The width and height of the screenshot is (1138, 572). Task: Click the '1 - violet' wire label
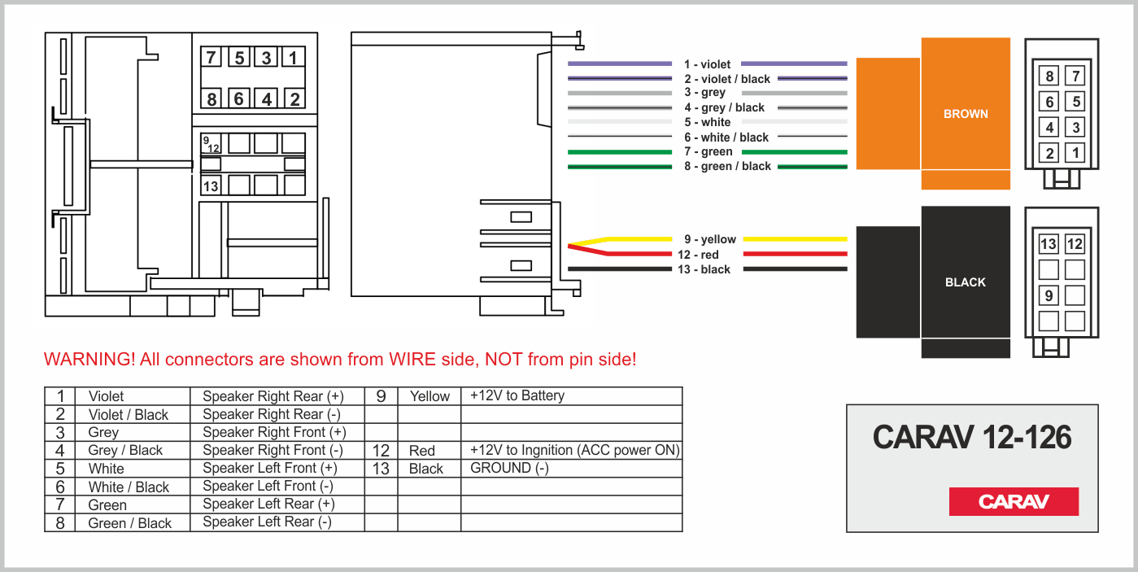[x=707, y=64]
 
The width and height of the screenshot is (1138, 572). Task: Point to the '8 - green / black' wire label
[x=727, y=166]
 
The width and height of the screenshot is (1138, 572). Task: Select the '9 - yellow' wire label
[x=709, y=239]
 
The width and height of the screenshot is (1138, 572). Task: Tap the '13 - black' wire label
[x=704, y=269]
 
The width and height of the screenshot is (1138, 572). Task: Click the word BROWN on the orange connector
[x=966, y=114]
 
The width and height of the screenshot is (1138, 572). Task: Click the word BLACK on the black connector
[x=966, y=282]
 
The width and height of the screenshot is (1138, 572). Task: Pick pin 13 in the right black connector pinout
[x=1049, y=244]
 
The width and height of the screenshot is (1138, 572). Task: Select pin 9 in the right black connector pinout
[x=1049, y=295]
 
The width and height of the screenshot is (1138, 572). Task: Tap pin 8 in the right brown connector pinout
[x=1050, y=77]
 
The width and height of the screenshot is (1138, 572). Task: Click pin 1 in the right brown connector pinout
[x=1075, y=152]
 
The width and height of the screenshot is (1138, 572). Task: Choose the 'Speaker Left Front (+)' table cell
[x=269, y=468]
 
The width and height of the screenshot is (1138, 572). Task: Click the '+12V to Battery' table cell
[x=517, y=396]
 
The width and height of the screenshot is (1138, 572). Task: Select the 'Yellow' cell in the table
[x=429, y=396]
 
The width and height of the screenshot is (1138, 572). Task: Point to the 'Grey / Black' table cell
[x=125, y=450]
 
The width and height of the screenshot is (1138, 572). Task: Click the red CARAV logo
[x=1014, y=501]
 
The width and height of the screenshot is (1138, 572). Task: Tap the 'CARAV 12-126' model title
[x=972, y=438]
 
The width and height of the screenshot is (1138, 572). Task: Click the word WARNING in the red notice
[x=89, y=359]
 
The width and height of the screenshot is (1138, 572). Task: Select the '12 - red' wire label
[x=698, y=255]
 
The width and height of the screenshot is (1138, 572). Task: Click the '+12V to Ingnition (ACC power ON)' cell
[x=574, y=450]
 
